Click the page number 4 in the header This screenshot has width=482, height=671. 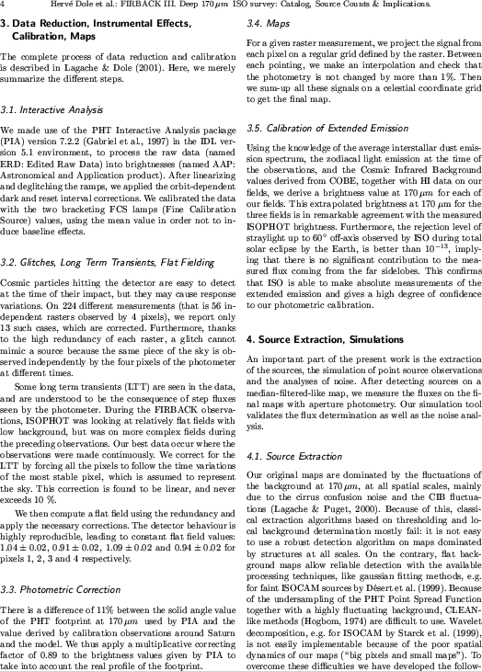(4, 6)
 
